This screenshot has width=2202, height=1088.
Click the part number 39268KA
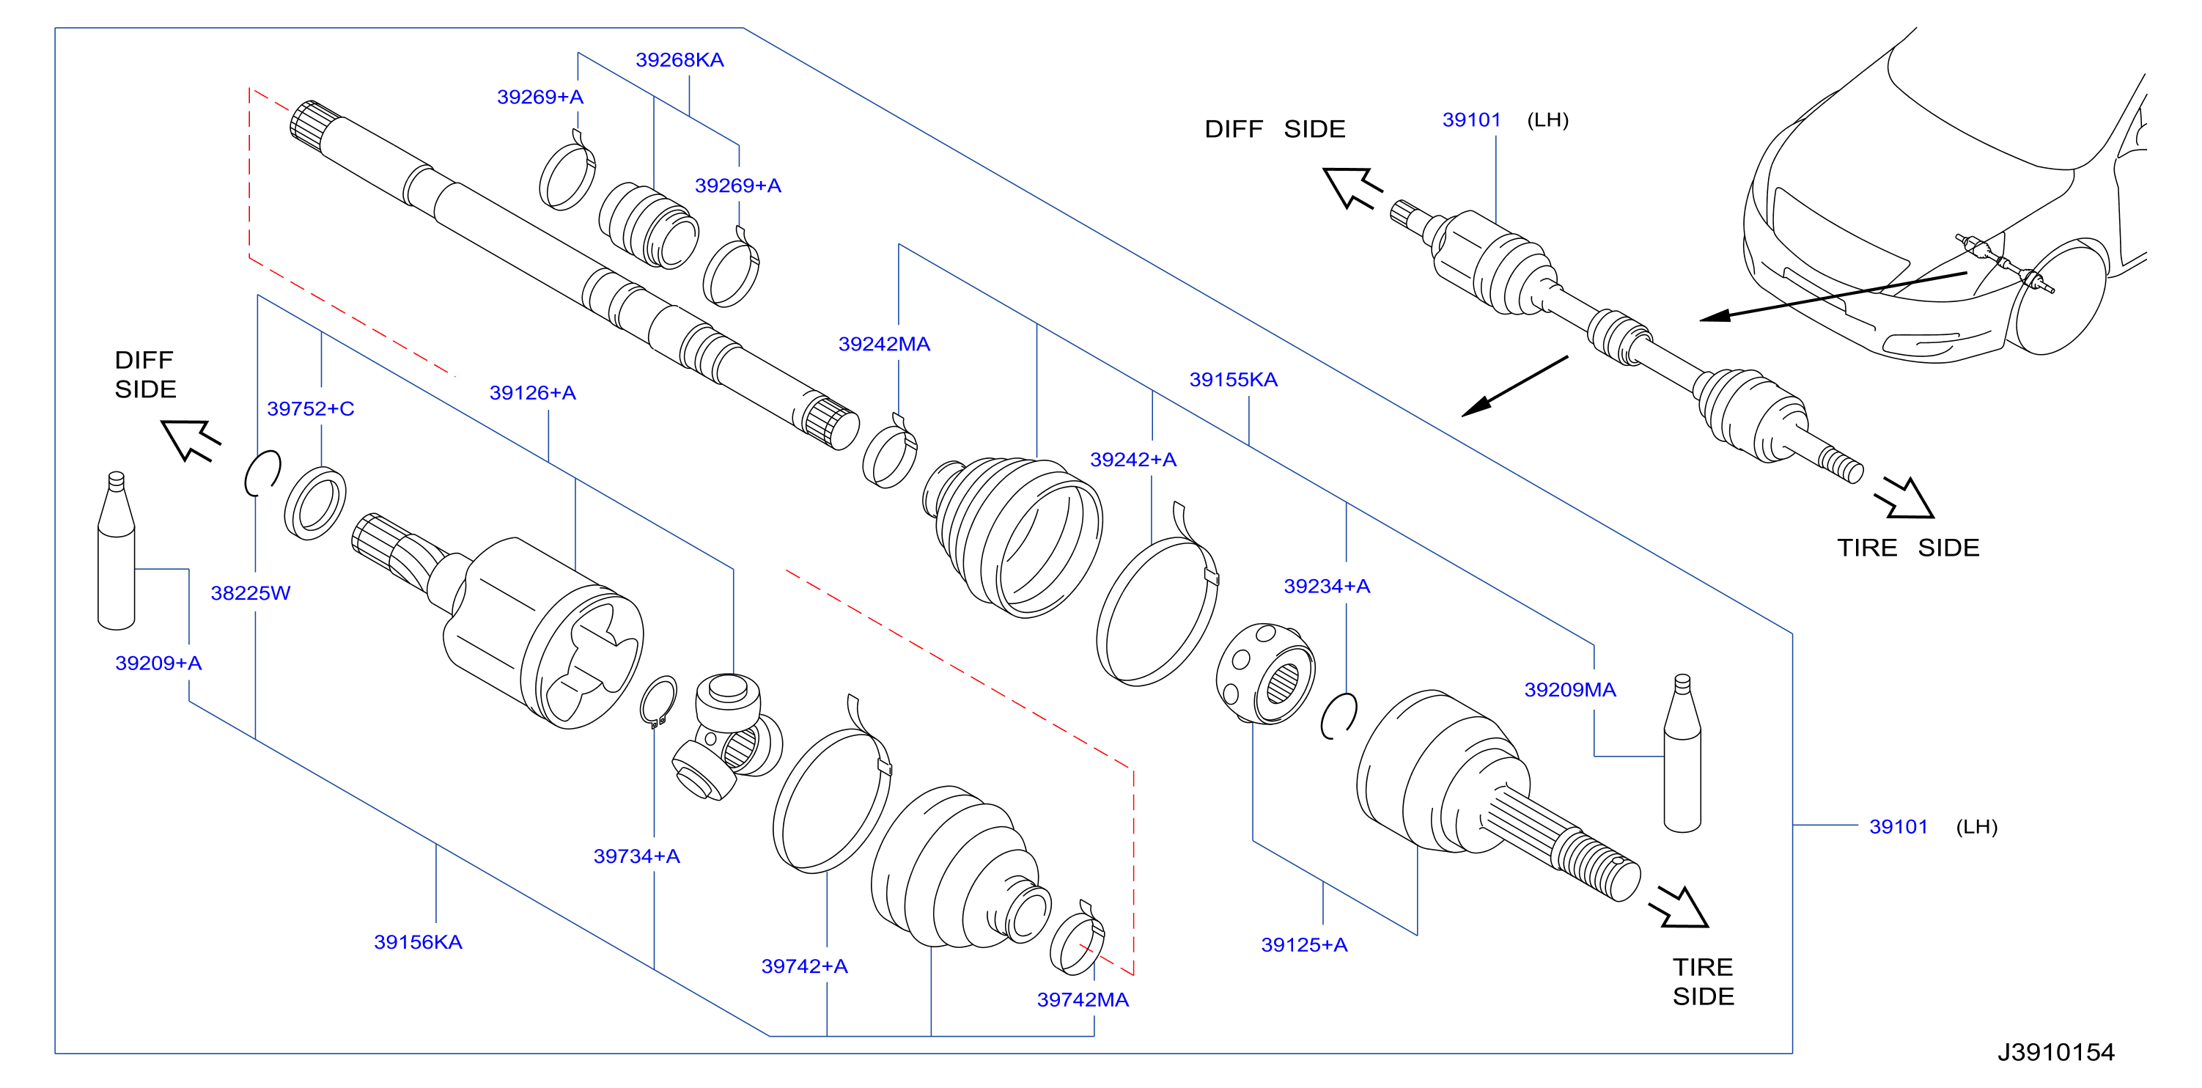pyautogui.click(x=680, y=60)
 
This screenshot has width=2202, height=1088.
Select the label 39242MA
pyautogui.click(x=884, y=344)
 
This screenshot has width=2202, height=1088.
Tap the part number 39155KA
pyautogui.click(x=1234, y=380)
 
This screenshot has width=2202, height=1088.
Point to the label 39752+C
pyautogui.click(x=310, y=408)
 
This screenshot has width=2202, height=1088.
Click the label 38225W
pyautogui.click(x=251, y=592)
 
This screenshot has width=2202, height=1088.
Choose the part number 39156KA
pyautogui.click(x=418, y=942)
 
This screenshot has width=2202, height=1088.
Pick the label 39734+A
pyautogui.click(x=637, y=856)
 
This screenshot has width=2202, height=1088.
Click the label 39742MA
pyautogui.click(x=1083, y=999)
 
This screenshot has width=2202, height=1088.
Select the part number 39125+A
pyautogui.click(x=1305, y=944)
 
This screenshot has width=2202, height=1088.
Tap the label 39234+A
pyautogui.click(x=1327, y=586)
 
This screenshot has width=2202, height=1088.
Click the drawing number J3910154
pyautogui.click(x=2056, y=1051)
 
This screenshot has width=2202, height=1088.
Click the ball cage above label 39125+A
pyautogui.click(x=1265, y=674)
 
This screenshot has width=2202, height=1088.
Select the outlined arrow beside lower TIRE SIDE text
pyautogui.click(x=1679, y=906)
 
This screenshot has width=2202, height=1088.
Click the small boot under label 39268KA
pyautogui.click(x=648, y=225)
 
